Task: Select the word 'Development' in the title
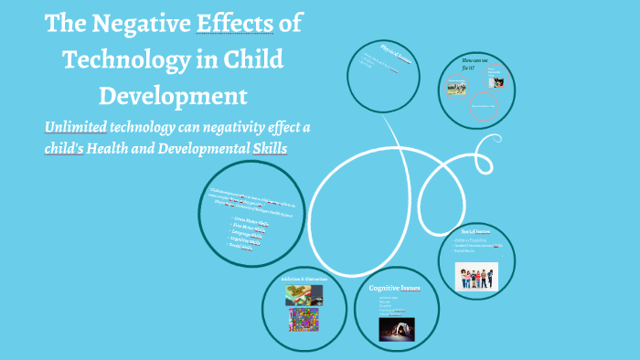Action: [x=173, y=95]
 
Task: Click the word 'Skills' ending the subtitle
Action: [x=266, y=147]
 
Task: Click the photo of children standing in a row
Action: [x=476, y=275]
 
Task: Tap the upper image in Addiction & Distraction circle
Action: [x=303, y=294]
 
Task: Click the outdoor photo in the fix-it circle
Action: [x=456, y=88]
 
